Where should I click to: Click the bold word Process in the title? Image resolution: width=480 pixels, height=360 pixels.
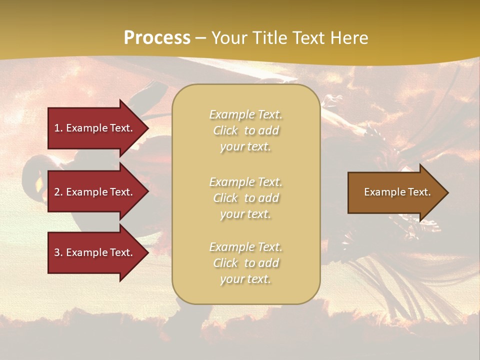pos(157,38)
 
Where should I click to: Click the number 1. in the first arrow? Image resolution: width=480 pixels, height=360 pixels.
pos(58,128)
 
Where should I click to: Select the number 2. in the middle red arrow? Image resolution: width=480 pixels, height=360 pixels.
pos(58,192)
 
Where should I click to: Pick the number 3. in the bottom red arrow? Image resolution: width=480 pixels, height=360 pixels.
pos(58,252)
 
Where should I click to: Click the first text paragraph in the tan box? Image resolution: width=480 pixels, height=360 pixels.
pos(245,130)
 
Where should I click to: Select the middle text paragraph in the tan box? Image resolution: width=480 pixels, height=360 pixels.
pos(245,198)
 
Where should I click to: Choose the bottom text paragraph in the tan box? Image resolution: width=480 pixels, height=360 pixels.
pos(245,263)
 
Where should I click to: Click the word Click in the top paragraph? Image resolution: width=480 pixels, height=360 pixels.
pos(225,130)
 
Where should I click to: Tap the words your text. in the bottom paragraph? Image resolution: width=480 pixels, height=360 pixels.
pos(245,279)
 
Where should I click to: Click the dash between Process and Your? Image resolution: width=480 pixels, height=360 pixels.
pos(201,38)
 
